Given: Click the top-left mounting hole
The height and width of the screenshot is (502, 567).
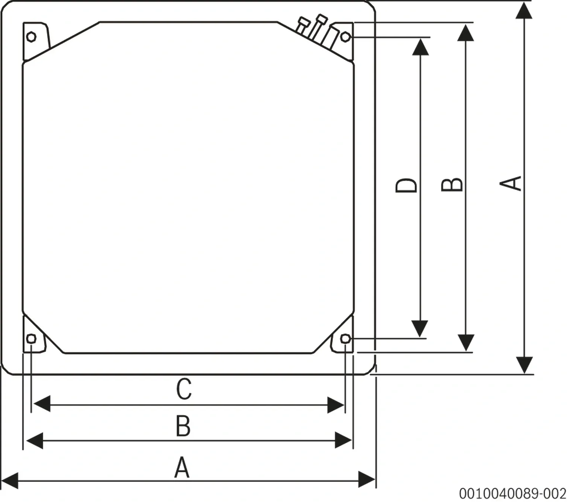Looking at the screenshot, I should pos(32,37).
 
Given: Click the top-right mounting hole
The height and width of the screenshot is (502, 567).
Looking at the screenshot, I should pos(345,37).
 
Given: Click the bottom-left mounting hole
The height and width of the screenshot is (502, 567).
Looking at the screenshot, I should pos(32,338).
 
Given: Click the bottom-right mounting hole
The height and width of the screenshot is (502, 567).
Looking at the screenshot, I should pos(345,338).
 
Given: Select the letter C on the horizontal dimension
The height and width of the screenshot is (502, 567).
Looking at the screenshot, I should pos(184,389).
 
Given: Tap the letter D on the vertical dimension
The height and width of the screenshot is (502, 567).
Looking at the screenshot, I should pos(406,185).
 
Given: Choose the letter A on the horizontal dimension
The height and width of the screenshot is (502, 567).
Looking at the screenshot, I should pos(182,467).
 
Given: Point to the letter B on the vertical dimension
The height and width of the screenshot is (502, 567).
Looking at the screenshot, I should pos(452,184).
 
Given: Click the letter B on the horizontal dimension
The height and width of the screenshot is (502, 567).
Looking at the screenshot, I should pos(183,426).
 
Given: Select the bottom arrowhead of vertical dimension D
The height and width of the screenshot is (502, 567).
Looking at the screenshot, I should pos(420,328).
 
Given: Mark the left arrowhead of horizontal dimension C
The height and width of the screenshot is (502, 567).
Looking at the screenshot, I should pos(42,405).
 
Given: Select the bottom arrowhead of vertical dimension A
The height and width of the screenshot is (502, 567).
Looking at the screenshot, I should pos(524,365).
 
